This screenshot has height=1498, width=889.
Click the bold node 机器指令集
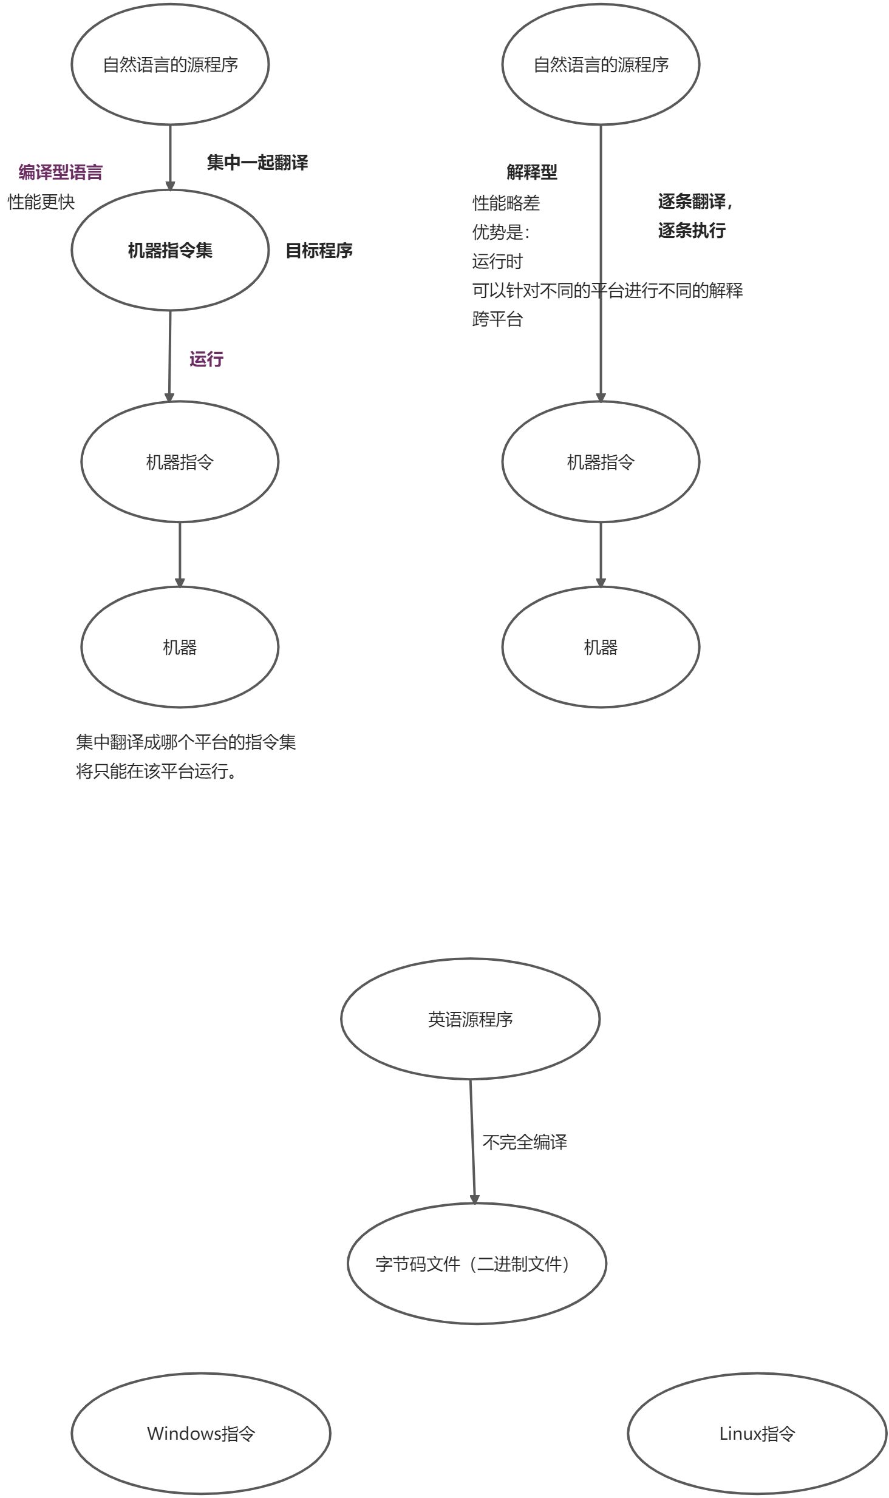tap(170, 250)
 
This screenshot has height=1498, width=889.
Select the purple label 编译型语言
tap(60, 172)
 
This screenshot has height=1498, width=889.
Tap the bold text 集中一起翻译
tap(257, 162)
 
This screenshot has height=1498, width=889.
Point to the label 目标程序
tap(319, 250)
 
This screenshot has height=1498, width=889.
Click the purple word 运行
tap(206, 359)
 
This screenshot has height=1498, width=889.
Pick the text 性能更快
tap(41, 202)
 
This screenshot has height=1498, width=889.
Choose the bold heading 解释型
tap(531, 172)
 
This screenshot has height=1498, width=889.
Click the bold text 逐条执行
tap(692, 231)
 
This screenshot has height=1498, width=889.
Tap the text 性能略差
tap(506, 203)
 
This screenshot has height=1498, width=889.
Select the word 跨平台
tap(497, 319)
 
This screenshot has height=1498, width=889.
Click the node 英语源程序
tap(470, 1018)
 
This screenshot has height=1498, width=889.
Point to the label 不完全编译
tap(525, 1142)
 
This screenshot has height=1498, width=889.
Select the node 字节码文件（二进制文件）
tap(477, 1264)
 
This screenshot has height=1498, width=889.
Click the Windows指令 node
tap(201, 1434)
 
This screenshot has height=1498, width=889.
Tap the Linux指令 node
tap(757, 1434)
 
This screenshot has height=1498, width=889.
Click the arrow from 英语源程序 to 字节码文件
tap(472, 1141)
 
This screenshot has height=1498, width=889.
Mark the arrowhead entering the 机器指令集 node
tap(170, 185)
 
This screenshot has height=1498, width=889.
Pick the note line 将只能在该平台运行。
tap(157, 771)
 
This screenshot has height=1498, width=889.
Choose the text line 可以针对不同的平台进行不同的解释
tap(607, 290)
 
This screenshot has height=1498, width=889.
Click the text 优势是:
tap(501, 232)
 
